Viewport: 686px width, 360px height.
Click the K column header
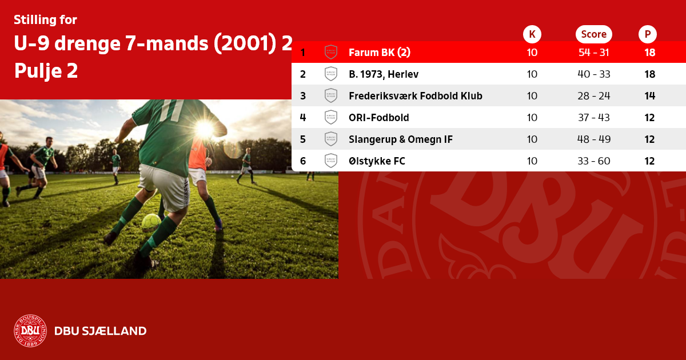pos(532,34)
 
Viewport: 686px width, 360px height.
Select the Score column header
pos(594,34)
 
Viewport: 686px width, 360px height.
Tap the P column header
pos(647,34)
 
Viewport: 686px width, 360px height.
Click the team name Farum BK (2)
pos(380,53)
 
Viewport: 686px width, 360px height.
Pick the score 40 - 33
pos(594,74)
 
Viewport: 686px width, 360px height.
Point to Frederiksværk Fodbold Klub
pos(416,96)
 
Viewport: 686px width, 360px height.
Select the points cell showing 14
pos(649,96)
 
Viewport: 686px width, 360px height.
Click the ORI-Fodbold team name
pos(379,118)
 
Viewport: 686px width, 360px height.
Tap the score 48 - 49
pos(594,139)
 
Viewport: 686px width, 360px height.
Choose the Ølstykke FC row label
pos(377,161)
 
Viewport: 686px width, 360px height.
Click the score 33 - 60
pos(594,161)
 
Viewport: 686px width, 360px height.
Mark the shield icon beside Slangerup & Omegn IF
pos(331,139)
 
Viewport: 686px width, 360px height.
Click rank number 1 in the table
pos(303,53)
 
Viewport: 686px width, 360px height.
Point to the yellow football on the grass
pos(151,222)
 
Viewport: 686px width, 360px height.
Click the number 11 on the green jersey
pos(172,110)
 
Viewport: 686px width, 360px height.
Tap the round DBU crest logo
pos(30,331)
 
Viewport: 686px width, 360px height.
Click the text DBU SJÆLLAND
pos(101,331)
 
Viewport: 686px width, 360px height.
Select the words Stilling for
pos(45,20)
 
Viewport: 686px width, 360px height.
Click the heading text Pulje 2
pos(46,71)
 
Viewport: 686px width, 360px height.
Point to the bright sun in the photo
pos(205,129)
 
